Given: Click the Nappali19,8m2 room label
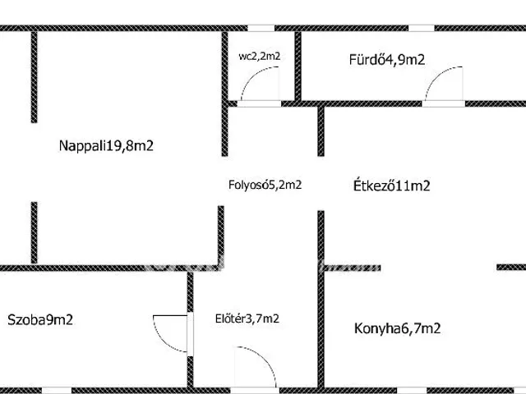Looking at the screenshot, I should click(x=107, y=146).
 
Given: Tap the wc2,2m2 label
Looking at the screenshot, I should click(x=260, y=57).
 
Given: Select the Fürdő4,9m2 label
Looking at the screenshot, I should click(x=387, y=59).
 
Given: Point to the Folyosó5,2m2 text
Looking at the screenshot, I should click(x=265, y=185).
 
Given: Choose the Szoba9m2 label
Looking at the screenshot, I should click(x=40, y=320).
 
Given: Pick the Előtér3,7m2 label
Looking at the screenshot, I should click(x=247, y=319).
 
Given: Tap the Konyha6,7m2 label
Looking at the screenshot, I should click(x=398, y=328).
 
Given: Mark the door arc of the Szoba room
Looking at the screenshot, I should click(x=166, y=333).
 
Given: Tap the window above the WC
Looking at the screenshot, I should click(x=261, y=28).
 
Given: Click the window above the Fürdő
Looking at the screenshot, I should click(x=421, y=28).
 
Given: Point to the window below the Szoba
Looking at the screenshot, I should click(x=56, y=390).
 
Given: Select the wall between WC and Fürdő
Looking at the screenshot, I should click(x=298, y=66).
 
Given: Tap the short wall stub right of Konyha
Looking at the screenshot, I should click(x=510, y=267).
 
